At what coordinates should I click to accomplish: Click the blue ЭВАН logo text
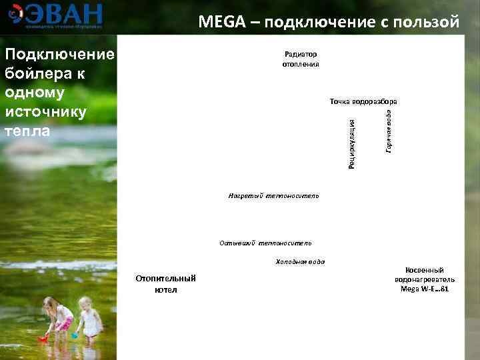[65, 13]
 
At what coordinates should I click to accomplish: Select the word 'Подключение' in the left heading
[59, 54]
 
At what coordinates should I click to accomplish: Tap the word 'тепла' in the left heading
[27, 131]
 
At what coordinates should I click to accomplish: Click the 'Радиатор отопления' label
[300, 59]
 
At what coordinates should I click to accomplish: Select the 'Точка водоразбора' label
[363, 101]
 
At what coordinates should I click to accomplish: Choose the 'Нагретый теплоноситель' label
[273, 196]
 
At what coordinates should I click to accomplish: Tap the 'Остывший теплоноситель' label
[265, 243]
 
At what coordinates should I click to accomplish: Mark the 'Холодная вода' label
[300, 261]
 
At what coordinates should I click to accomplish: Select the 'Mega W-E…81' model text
[425, 289]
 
